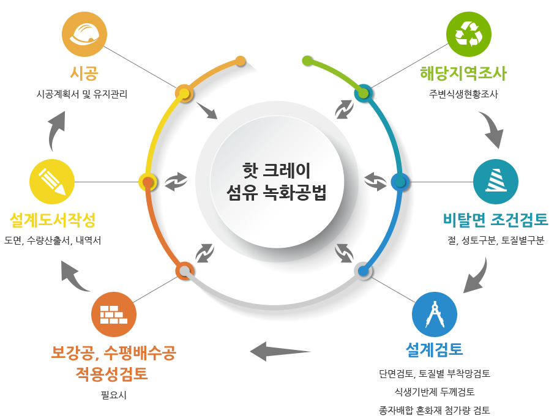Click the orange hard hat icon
[84, 34]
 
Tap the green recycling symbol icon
[468, 34]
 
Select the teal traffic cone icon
[496, 182]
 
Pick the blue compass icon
[435, 314]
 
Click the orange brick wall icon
[114, 314]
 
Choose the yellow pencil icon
[52, 182]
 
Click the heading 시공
[84, 73]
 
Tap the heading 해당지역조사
[463, 73]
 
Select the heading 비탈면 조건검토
[496, 220]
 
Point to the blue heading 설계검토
[435, 349]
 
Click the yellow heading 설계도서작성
[53, 220]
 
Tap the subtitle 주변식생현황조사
[463, 94]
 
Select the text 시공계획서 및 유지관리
[82, 94]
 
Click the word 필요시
[114, 395]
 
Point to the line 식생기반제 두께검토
[435, 392]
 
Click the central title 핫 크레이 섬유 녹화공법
[277, 181]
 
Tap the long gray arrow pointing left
[280, 351]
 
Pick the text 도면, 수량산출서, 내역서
[53, 240]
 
